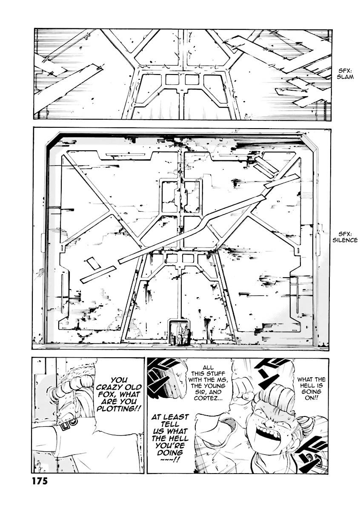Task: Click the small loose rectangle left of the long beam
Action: pyautogui.click(x=93, y=264)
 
